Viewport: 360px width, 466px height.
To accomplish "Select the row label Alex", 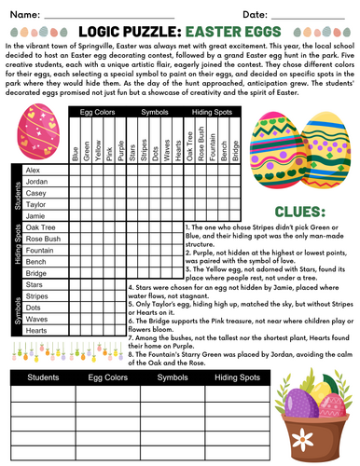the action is tap(34, 171).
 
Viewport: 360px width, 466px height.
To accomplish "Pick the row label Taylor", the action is tap(35, 203).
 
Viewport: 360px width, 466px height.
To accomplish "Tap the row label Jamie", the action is tap(35, 214).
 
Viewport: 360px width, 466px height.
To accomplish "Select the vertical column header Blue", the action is tap(75, 149).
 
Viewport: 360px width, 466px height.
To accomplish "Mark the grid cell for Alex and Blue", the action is tap(75, 171).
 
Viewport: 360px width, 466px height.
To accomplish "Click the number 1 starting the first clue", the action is tap(187, 226).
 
